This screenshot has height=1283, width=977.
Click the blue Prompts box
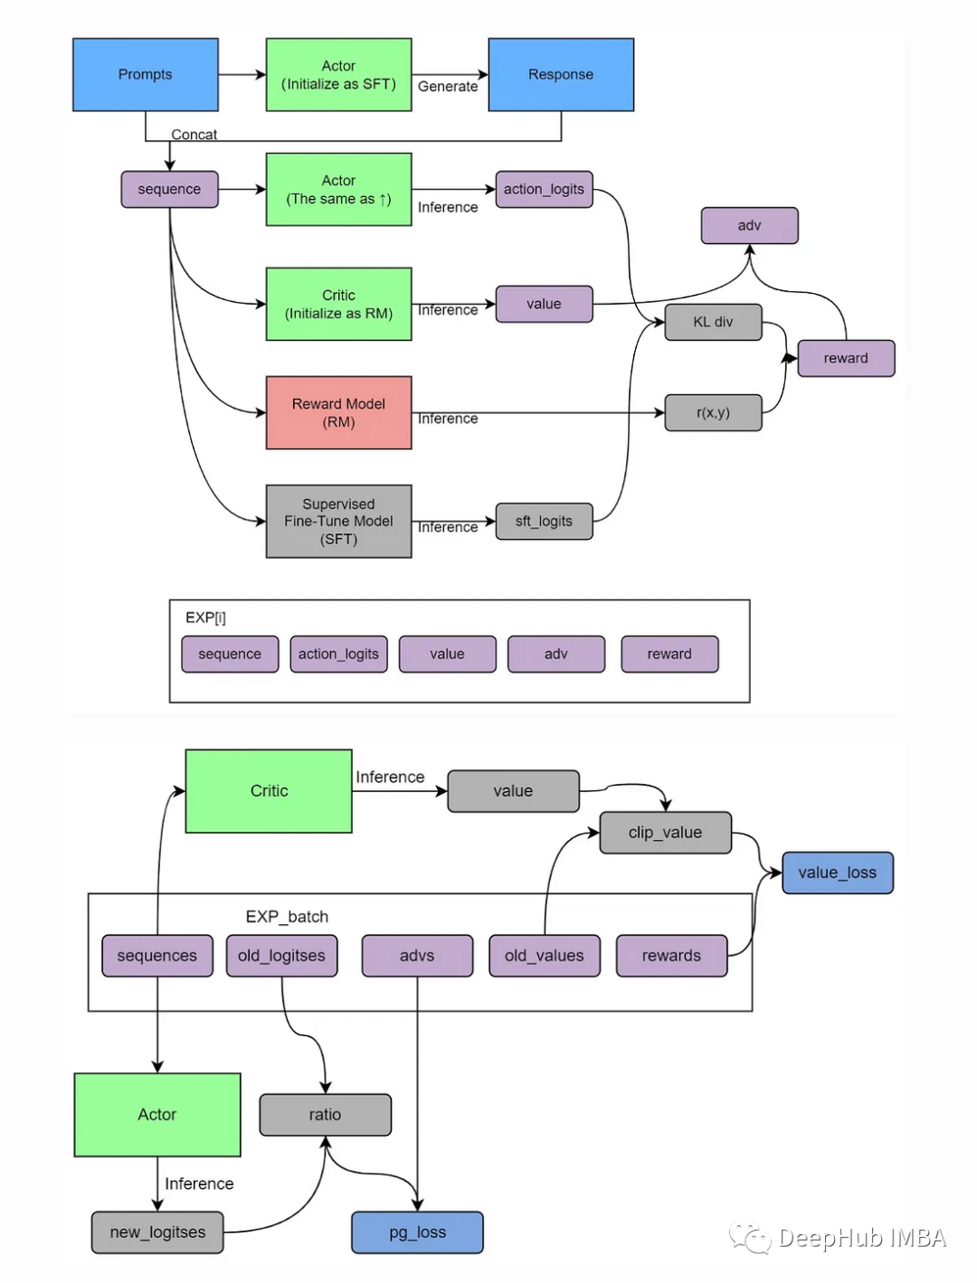pyautogui.click(x=145, y=74)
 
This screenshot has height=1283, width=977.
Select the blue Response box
pyautogui.click(x=561, y=74)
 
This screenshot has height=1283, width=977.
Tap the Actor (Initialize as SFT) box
pyautogui.click(x=338, y=74)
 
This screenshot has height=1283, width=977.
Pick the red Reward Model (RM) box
pyautogui.click(x=338, y=412)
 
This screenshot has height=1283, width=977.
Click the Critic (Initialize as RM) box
pyautogui.click(x=338, y=304)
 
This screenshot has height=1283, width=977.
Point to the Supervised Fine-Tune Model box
pyautogui.click(x=338, y=521)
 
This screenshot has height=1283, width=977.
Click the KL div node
pyautogui.click(x=713, y=322)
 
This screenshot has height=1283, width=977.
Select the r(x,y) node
pyautogui.click(x=713, y=412)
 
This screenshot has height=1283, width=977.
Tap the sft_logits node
pyautogui.click(x=544, y=521)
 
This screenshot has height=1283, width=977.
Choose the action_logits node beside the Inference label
pyautogui.click(x=544, y=189)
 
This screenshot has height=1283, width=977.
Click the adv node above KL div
pyautogui.click(x=749, y=225)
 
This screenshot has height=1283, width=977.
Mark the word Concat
pyautogui.click(x=194, y=135)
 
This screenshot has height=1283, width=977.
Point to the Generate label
pyautogui.click(x=448, y=87)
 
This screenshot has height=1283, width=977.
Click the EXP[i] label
pyautogui.click(x=205, y=618)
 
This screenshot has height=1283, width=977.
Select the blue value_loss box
pyautogui.click(x=837, y=873)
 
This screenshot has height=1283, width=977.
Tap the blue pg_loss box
pyautogui.click(x=417, y=1232)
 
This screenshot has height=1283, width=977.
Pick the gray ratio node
pyautogui.click(x=325, y=1115)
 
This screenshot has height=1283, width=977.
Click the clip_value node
pyautogui.click(x=665, y=832)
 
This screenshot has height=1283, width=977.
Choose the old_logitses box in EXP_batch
pyautogui.click(x=281, y=956)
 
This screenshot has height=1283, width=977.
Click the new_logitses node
pyautogui.click(x=157, y=1232)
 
